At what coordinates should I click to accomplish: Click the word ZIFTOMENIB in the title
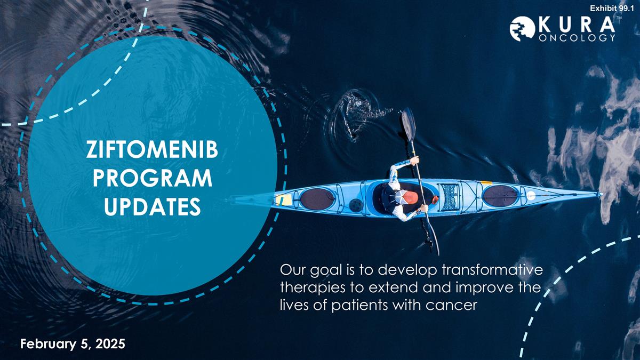[x=152, y=150]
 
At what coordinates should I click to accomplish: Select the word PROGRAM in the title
[x=153, y=178]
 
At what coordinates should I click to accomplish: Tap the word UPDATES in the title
[x=153, y=206]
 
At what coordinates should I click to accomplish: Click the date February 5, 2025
[x=73, y=343]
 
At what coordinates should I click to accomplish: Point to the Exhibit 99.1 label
[x=613, y=9]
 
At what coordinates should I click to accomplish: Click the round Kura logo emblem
[x=522, y=29]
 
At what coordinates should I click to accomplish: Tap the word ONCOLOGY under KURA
[x=577, y=38]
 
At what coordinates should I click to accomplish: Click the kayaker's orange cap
[x=410, y=197]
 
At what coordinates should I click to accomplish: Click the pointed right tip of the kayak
[x=602, y=194]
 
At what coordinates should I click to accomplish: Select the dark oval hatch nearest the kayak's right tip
[x=500, y=196]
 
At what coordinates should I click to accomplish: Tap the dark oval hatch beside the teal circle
[x=317, y=199]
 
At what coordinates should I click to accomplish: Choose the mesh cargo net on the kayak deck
[x=450, y=197]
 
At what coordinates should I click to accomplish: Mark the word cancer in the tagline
[x=452, y=306]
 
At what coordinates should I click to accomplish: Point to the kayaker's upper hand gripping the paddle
[x=414, y=161]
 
